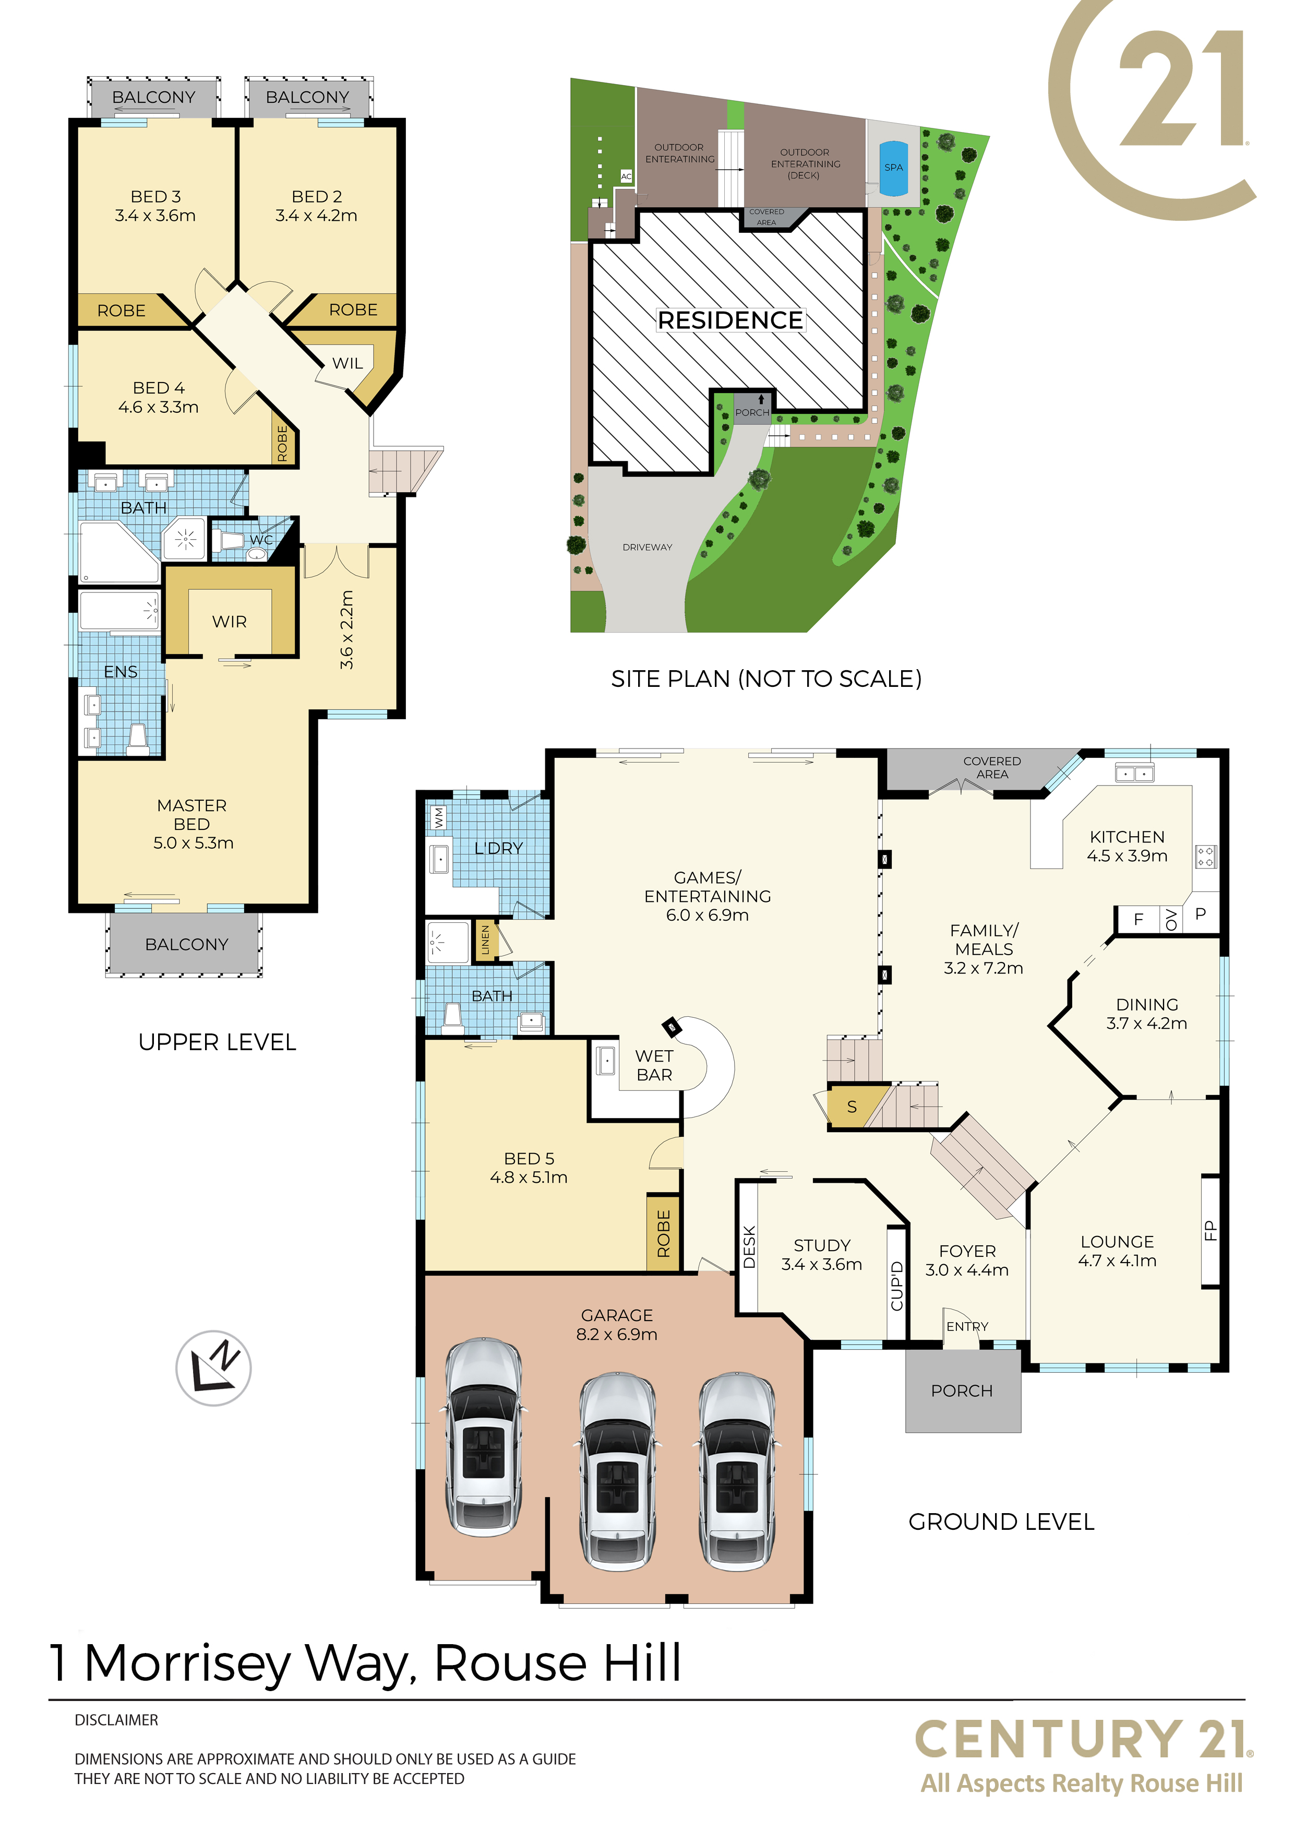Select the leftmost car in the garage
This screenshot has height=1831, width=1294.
(483, 1437)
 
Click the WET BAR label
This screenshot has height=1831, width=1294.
(654, 1065)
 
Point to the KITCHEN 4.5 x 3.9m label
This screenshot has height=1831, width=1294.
(1127, 846)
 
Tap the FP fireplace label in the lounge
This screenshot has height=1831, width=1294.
(1209, 1231)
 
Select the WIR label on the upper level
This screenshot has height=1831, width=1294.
(230, 621)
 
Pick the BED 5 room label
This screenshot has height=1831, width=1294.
(529, 1168)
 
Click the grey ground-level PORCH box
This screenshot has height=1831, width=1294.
(962, 1390)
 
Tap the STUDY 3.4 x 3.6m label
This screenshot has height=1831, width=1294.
(821, 1254)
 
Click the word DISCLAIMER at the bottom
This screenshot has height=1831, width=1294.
(116, 1720)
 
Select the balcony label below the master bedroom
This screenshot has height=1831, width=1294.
(187, 944)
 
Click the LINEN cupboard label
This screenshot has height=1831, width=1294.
(486, 940)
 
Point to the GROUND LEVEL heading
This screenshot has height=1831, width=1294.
(1001, 1521)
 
